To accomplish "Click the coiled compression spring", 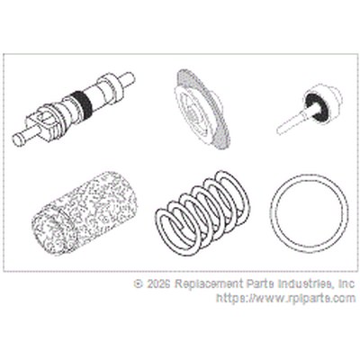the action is click(x=203, y=213).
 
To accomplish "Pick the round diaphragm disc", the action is click(x=202, y=110).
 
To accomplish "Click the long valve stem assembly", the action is click(x=74, y=109).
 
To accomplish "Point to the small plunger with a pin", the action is click(x=309, y=109).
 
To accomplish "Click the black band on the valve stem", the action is click(x=79, y=103).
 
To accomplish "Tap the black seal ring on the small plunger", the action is click(x=315, y=104).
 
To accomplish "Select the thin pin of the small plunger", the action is click(x=291, y=123).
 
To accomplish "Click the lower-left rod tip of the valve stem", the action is click(x=18, y=140).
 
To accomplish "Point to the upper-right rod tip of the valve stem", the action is click(x=130, y=77).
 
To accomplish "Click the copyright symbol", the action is click(x=138, y=283).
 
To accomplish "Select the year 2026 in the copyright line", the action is click(x=158, y=283).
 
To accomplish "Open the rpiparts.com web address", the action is click(x=286, y=299).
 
